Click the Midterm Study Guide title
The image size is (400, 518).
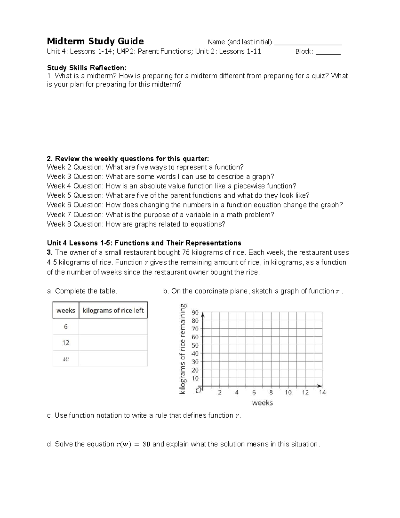tap(95, 41)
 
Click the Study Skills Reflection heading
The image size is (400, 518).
tap(87, 68)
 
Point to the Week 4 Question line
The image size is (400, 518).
tap(171, 186)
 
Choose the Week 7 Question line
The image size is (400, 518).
tap(160, 215)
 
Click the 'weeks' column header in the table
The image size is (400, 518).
tap(66, 311)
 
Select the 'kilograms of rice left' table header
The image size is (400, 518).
tap(113, 311)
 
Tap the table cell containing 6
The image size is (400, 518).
tap(66, 327)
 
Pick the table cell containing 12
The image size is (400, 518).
tap(66, 343)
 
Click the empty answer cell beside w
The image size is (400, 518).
tap(113, 359)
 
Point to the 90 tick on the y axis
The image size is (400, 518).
tap(195, 313)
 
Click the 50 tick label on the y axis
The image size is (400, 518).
tap(195, 346)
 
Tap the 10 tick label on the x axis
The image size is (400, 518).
tap(288, 393)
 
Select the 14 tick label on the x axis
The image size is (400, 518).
tap(322, 393)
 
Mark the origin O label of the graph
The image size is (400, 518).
tap(199, 390)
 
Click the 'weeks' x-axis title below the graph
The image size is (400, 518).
tap(262, 403)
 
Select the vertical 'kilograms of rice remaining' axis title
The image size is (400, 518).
tap(183, 349)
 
